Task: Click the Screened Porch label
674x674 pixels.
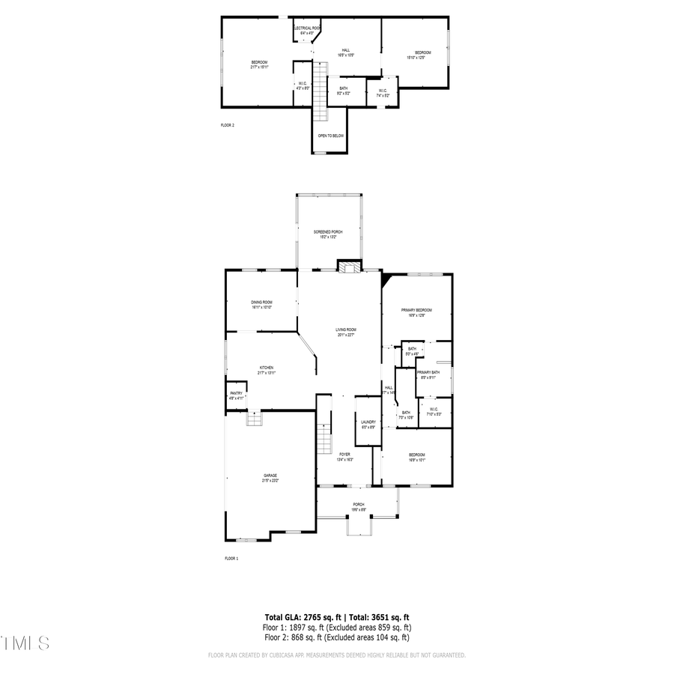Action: pyautogui.click(x=328, y=232)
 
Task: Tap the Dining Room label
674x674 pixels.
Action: pyautogui.click(x=261, y=303)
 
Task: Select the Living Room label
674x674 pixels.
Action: pyautogui.click(x=345, y=330)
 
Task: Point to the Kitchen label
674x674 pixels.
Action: pyautogui.click(x=267, y=368)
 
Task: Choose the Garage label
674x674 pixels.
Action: pyautogui.click(x=270, y=476)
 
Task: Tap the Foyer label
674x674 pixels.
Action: pyautogui.click(x=344, y=455)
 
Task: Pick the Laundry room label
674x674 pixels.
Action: pyautogui.click(x=368, y=422)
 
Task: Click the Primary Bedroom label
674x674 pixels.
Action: pyautogui.click(x=416, y=310)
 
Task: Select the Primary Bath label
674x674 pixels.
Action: pyautogui.click(x=428, y=373)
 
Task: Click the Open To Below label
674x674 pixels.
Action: pyautogui.click(x=330, y=136)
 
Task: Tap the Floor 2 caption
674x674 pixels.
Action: pyautogui.click(x=228, y=125)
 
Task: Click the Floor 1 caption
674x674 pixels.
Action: pyautogui.click(x=231, y=559)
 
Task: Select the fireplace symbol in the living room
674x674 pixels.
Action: pyautogui.click(x=347, y=267)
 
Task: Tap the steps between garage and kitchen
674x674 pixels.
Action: pyautogui.click(x=255, y=419)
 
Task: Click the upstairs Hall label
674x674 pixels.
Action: pyautogui.click(x=345, y=51)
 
